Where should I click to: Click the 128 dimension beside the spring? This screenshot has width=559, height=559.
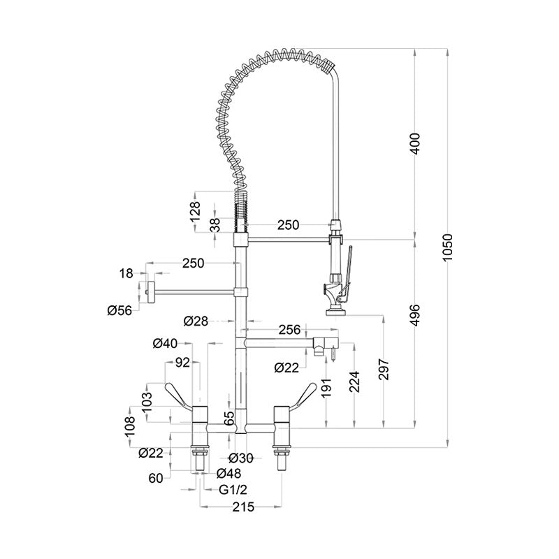[x=196, y=208]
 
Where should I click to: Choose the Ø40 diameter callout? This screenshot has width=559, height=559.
[x=166, y=342]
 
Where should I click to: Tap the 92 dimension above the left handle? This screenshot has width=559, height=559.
[x=182, y=363]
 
